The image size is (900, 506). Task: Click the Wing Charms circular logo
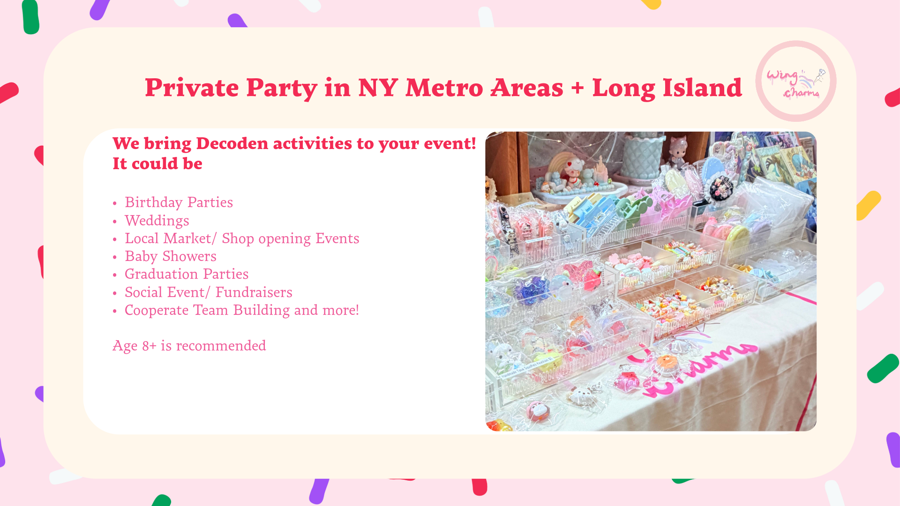pyautogui.click(x=796, y=81)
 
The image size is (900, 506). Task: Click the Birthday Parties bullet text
pyautogui.click(x=179, y=202)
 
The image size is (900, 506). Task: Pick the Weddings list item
pyautogui.click(x=157, y=221)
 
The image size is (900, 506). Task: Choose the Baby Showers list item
pyautogui.click(x=171, y=256)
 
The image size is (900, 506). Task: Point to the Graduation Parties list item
pyautogui.click(x=187, y=274)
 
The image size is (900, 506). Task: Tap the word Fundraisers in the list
pyautogui.click(x=254, y=292)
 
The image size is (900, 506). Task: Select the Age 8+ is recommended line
pyautogui.click(x=189, y=346)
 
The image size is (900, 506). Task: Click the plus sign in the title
pyautogui.click(x=578, y=88)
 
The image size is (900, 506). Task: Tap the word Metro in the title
pyautogui.click(x=444, y=88)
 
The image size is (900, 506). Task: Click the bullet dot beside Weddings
pyautogui.click(x=115, y=222)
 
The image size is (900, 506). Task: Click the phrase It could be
pyautogui.click(x=157, y=164)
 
